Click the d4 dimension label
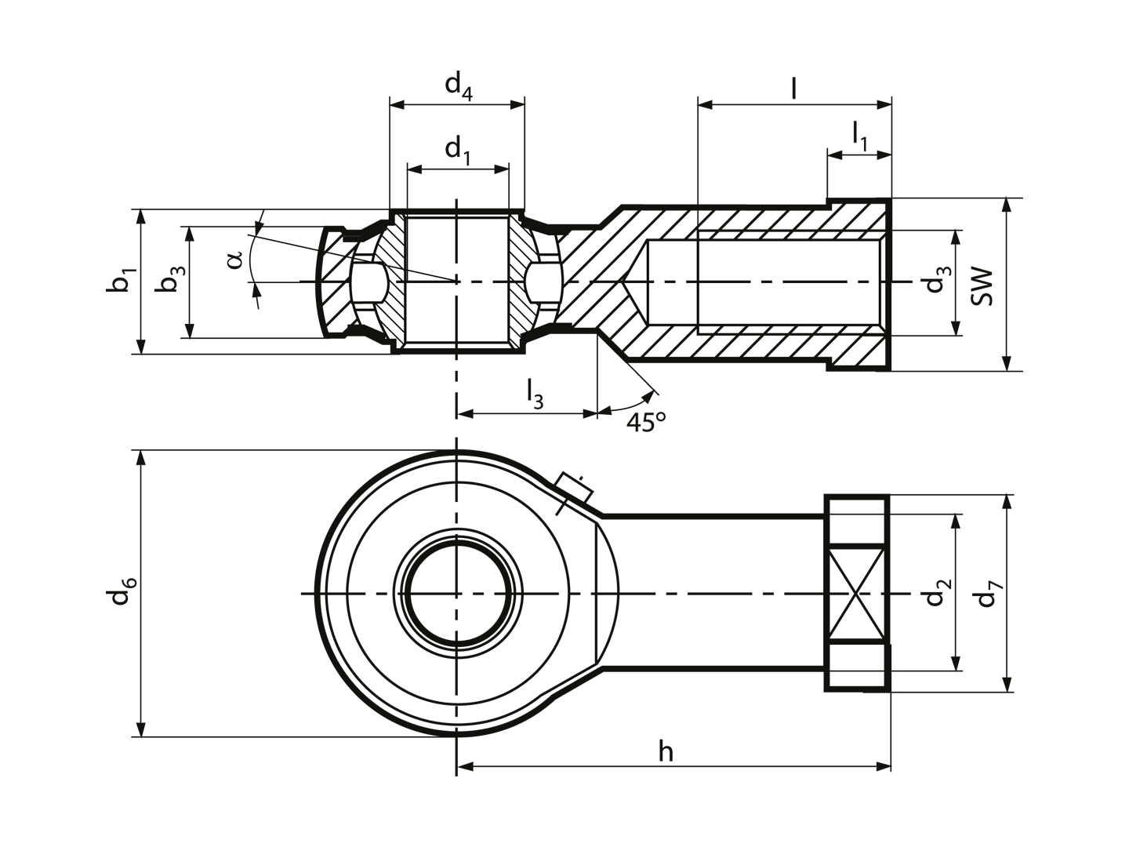point(459,85)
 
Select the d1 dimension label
point(459,151)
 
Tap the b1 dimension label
point(122,280)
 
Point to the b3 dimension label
point(169,278)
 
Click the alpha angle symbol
point(234,260)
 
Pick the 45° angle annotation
point(646,422)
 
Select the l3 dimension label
point(535,395)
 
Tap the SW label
point(982,286)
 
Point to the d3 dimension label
point(937,279)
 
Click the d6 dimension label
point(122,591)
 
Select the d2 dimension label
point(938,592)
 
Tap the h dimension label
point(666,752)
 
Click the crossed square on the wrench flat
point(856,594)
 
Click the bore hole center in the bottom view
point(457,594)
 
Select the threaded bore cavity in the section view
point(764,282)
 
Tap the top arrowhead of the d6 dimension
point(142,459)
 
